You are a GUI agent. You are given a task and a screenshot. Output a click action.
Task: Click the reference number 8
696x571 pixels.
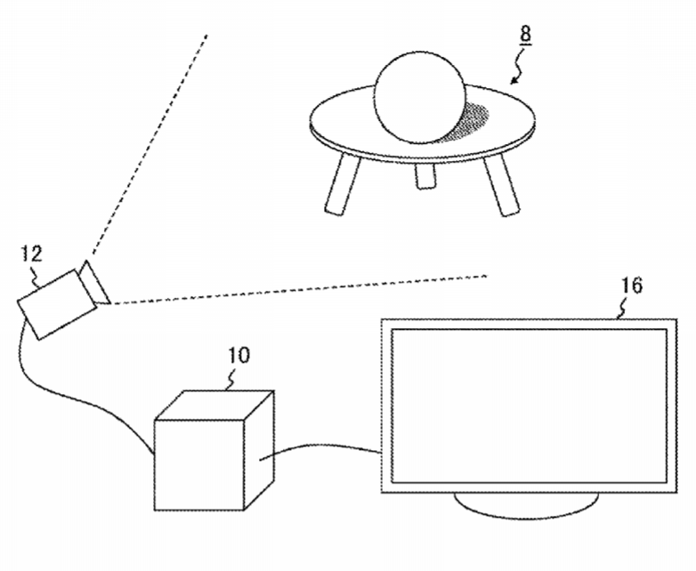[x=525, y=35]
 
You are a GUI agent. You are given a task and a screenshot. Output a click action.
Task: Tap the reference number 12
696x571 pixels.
[x=32, y=253]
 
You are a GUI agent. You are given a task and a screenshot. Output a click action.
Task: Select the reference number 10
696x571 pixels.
[x=239, y=356]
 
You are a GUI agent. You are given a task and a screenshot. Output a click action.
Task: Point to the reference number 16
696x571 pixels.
[x=633, y=285]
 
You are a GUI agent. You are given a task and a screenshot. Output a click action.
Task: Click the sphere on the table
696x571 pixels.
[x=420, y=98]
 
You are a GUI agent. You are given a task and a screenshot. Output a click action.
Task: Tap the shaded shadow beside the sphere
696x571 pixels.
[x=471, y=121]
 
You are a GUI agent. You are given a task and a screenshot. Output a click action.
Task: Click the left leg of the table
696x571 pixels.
[x=344, y=183]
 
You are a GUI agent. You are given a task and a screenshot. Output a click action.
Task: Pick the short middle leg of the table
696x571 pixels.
[x=425, y=176]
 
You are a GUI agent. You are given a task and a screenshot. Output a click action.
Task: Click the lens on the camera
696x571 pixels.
[x=95, y=283]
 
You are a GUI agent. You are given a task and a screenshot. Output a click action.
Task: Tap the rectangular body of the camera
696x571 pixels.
[x=56, y=305]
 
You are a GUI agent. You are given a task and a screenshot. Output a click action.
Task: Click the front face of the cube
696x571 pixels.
[x=199, y=464]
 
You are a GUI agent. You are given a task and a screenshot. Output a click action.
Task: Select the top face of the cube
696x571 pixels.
[x=214, y=405]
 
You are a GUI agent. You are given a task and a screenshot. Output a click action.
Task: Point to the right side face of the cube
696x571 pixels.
[x=260, y=450]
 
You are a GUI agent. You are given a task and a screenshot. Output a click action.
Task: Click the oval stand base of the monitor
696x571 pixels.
[x=526, y=505]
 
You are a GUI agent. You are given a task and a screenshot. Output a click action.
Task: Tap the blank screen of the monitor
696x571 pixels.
[x=529, y=406]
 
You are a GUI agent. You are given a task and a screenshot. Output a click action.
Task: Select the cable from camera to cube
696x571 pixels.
[x=67, y=390]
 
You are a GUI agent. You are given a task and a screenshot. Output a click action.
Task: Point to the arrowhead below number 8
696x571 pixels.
[x=514, y=80]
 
